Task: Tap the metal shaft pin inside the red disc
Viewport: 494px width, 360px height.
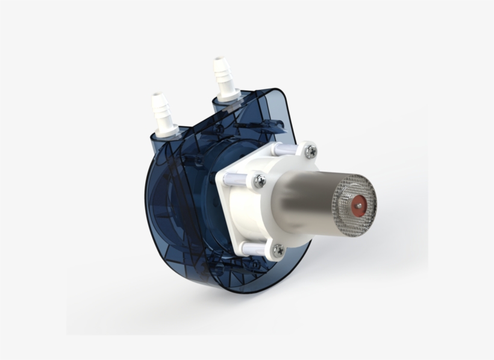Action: pyautogui.click(x=359, y=205)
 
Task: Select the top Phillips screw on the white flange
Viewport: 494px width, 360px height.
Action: pyautogui.click(x=310, y=151)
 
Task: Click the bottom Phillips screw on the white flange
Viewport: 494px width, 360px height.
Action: pyautogui.click(x=278, y=249)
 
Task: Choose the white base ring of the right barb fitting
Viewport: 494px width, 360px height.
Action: pyautogui.click(x=228, y=96)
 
